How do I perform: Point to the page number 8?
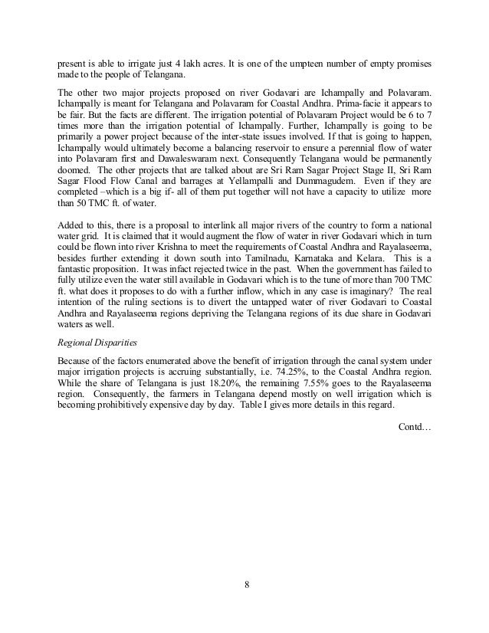(245, 587)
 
